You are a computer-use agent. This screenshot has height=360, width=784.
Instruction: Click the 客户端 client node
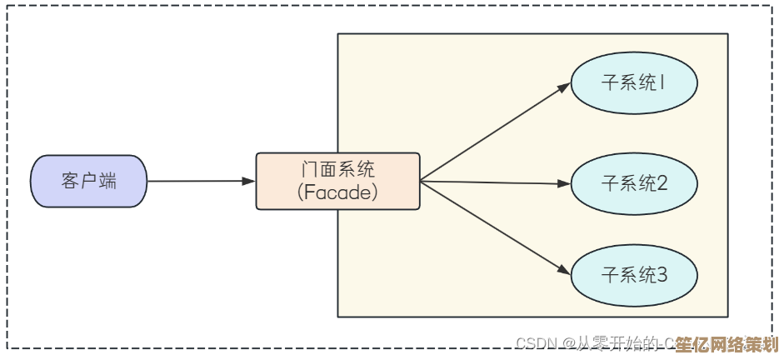(x=88, y=181)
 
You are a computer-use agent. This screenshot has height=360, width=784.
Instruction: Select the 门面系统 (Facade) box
(x=337, y=180)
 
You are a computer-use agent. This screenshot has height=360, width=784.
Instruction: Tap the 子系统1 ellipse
(x=633, y=83)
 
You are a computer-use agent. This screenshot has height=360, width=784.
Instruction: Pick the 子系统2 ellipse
(x=633, y=183)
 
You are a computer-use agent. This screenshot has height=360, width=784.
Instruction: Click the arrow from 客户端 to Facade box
(x=200, y=181)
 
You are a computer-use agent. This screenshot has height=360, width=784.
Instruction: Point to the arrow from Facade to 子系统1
(x=492, y=134)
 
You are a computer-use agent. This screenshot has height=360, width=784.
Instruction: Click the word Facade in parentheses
(x=337, y=192)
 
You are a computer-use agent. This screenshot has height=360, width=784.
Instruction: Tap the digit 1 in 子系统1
(x=663, y=83)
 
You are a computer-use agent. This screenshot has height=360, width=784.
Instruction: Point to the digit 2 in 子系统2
(x=662, y=183)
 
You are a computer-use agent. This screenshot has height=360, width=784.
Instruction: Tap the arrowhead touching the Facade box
(x=248, y=181)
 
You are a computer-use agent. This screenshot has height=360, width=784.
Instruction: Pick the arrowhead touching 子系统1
(x=564, y=87)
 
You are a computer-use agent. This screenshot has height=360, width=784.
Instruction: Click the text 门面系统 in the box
(x=337, y=169)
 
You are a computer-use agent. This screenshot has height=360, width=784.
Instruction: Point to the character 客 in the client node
(x=70, y=181)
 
